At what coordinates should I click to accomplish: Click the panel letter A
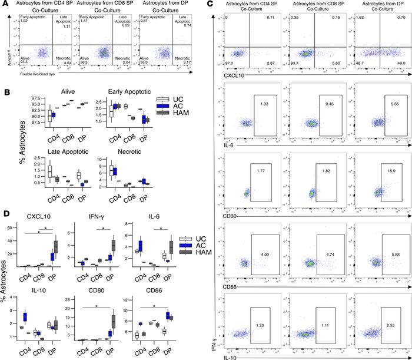click(x=5, y=5)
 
